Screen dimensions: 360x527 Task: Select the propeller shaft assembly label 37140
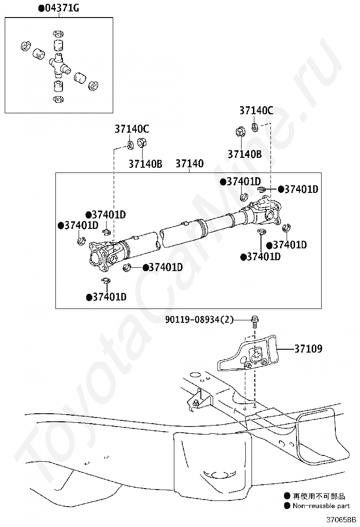[x=189, y=164]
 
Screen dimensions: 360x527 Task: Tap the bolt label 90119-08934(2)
[x=199, y=319]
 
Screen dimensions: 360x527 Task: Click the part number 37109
[x=308, y=348]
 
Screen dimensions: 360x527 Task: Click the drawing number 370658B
[x=341, y=519]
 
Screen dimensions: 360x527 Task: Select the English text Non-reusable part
[x=321, y=506]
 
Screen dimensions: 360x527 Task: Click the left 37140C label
[x=132, y=129]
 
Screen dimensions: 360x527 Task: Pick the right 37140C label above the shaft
[x=256, y=110]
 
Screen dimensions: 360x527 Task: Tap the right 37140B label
[x=244, y=154]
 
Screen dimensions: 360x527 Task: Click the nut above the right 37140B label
[x=240, y=131]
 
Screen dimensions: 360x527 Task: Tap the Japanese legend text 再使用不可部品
[x=319, y=496]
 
